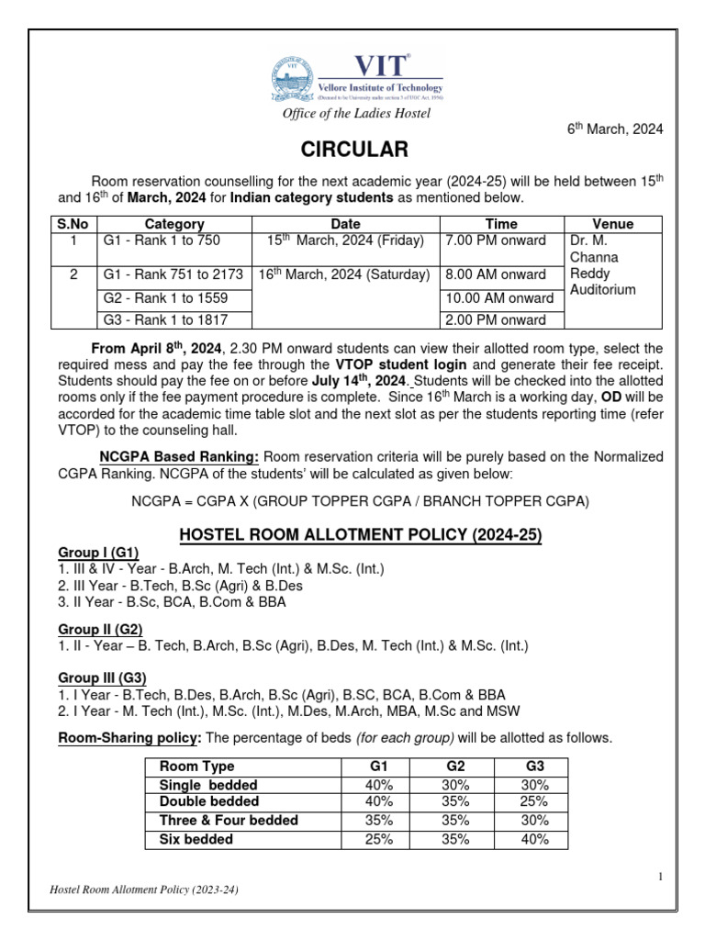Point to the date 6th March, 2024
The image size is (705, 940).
(x=613, y=129)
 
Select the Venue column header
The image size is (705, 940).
(x=612, y=223)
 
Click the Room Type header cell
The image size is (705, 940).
(x=196, y=766)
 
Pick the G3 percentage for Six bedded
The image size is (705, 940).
(x=532, y=839)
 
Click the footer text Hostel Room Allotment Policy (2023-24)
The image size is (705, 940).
(x=147, y=890)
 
